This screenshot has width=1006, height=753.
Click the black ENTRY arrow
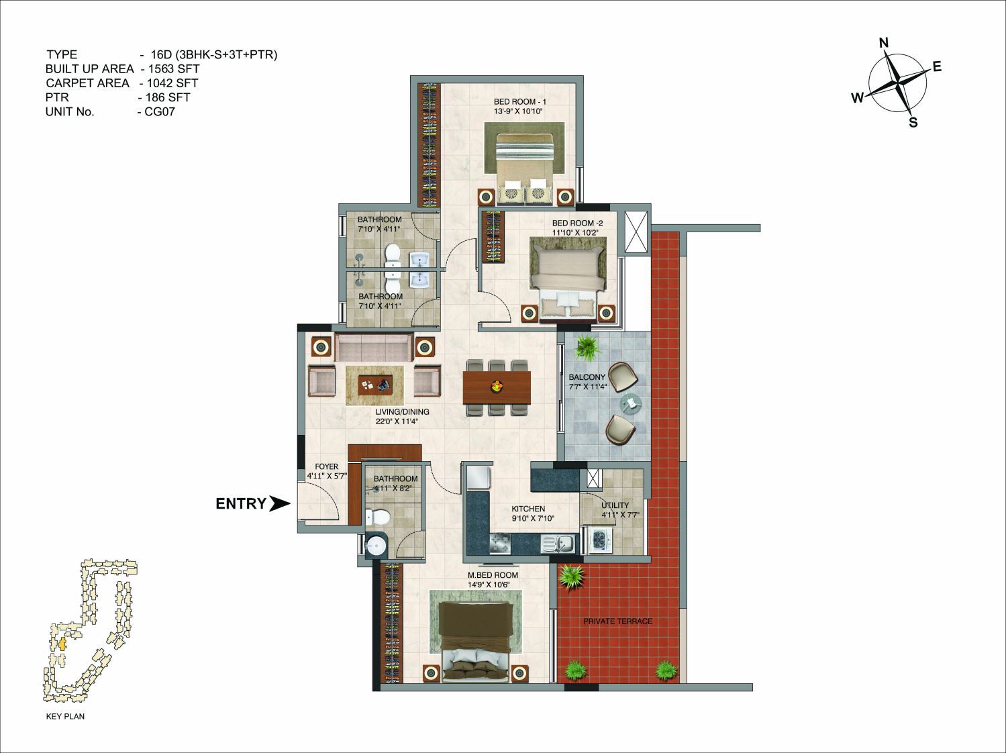pyautogui.click(x=279, y=504)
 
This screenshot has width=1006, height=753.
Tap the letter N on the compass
pyautogui.click(x=884, y=43)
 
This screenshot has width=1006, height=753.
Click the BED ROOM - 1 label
pyautogui.click(x=519, y=101)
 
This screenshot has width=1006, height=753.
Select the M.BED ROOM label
pyautogui.click(x=493, y=574)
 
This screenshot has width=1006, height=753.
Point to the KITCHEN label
pyautogui.click(x=528, y=509)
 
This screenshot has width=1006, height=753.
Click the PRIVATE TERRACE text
pyautogui.click(x=617, y=621)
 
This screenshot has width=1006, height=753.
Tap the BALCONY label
pyautogui.click(x=587, y=377)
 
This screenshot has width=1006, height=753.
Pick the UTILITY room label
pyautogui.click(x=615, y=505)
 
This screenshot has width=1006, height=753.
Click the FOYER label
pyautogui.click(x=326, y=466)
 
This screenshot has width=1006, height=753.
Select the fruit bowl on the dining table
pyautogui.click(x=496, y=387)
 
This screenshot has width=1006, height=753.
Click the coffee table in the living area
pyautogui.click(x=375, y=385)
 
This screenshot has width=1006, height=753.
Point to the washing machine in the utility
pyautogui.click(x=599, y=540)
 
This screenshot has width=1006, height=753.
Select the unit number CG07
pyautogui.click(x=160, y=111)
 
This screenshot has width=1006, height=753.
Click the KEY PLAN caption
pyautogui.click(x=65, y=716)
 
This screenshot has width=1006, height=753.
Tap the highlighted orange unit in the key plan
pyautogui.click(x=62, y=644)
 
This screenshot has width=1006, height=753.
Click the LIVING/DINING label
pyautogui.click(x=402, y=411)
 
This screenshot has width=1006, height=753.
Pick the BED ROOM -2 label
pyautogui.click(x=577, y=223)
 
